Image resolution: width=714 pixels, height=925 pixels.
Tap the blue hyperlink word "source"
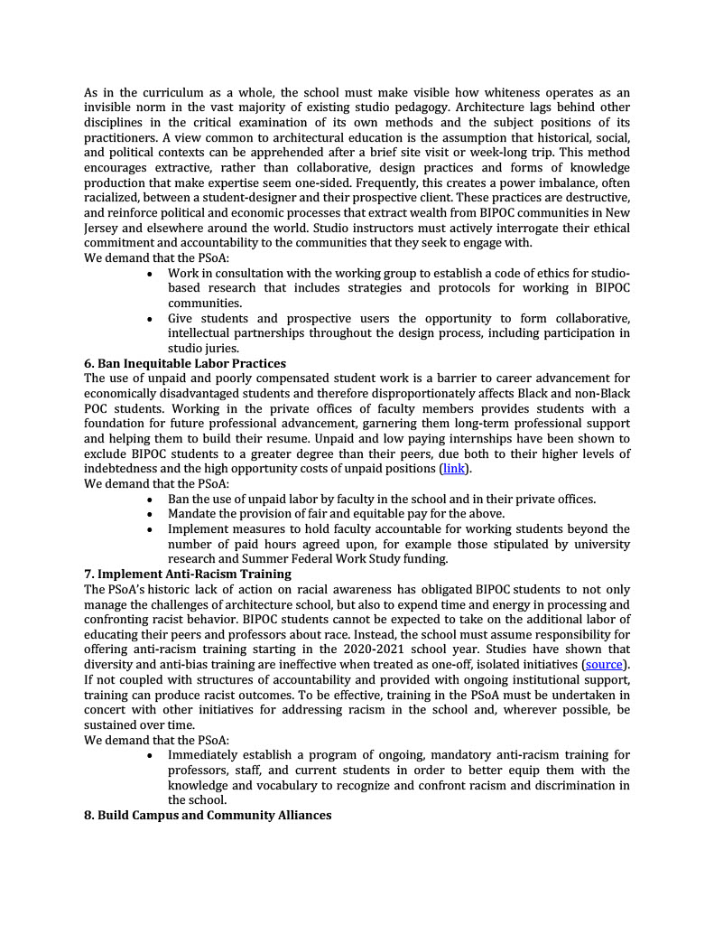tap(604, 664)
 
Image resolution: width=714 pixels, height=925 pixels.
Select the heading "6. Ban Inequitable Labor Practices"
tap(185, 363)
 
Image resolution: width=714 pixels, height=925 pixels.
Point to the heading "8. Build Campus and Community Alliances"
tap(208, 815)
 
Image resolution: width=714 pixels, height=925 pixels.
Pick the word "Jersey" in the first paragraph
tap(105, 229)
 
